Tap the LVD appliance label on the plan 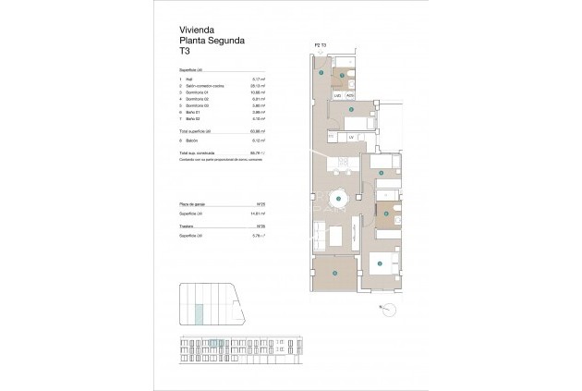click(x=338, y=95)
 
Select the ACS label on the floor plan click(x=350, y=95)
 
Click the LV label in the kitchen click(x=352, y=137)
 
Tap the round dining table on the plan click(x=339, y=199)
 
